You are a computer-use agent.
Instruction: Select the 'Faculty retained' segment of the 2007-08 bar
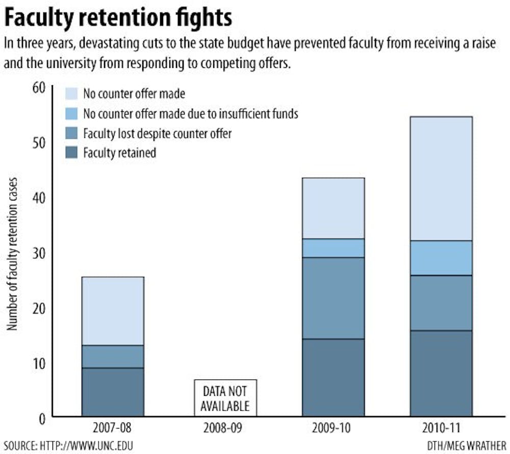coord(113,392)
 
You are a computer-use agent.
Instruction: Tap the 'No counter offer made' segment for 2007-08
coord(113,311)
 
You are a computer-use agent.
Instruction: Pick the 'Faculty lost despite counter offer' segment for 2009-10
coord(333,298)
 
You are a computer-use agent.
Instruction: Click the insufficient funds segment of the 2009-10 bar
coord(333,248)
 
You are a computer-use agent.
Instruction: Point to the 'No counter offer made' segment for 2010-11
coord(441,179)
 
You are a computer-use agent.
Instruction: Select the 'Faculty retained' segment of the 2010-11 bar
coord(441,373)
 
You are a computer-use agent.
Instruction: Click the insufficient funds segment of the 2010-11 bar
coord(441,258)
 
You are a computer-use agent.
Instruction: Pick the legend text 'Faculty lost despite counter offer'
coord(158,133)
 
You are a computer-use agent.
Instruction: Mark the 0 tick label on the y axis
coord(42,418)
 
